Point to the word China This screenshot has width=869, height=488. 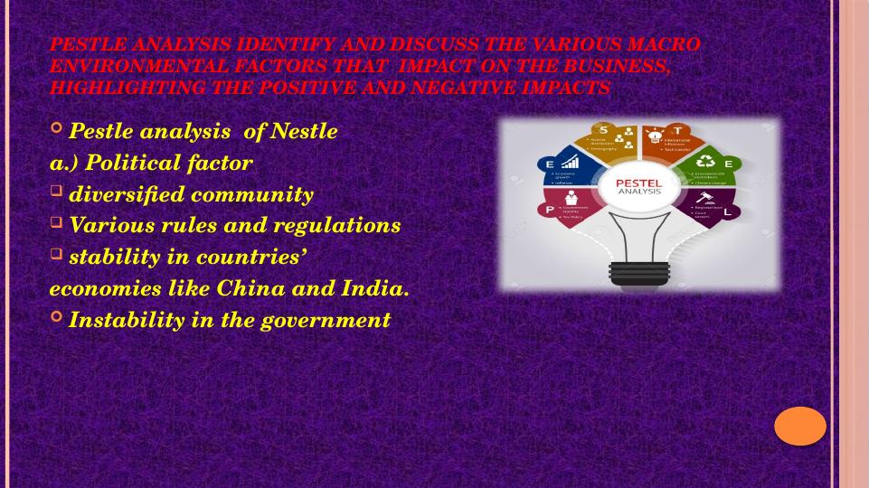247,289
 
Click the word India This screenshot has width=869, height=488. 373,289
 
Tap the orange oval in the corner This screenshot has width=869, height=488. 800,426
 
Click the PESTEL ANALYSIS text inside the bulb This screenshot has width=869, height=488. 638,187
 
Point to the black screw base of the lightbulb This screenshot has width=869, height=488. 638,271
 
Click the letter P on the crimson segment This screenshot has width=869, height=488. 549,210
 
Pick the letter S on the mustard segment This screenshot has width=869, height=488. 603,129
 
